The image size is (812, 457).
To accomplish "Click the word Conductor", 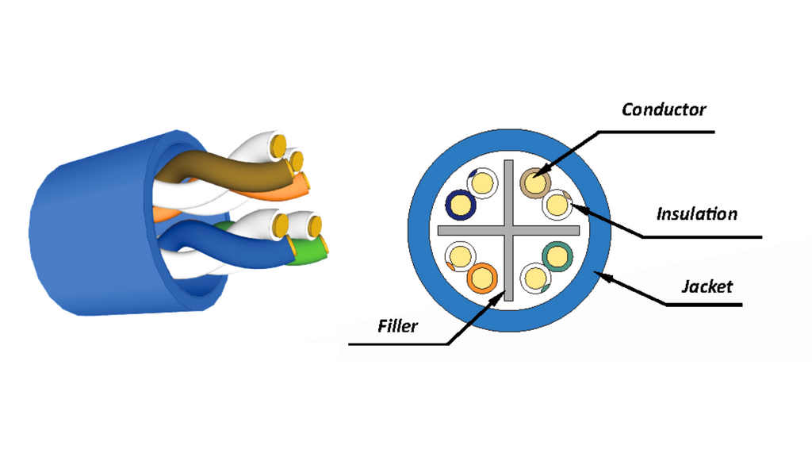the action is tap(664, 109).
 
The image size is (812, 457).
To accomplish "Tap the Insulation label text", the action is tap(696, 213).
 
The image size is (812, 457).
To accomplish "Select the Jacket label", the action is tap(707, 286).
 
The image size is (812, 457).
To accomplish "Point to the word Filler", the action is tap(397, 326).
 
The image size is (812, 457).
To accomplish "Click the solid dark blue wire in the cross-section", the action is tap(461, 204).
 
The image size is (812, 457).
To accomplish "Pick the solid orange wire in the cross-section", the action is tap(482, 278).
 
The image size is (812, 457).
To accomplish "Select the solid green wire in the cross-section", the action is tap(557, 256).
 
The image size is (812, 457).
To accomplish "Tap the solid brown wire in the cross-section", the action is tap(535, 183).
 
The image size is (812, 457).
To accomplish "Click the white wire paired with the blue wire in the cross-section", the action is tap(483, 183).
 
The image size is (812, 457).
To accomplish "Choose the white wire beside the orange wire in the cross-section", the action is tap(461, 256).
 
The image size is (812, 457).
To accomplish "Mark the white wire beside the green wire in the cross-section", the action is tap(535, 278).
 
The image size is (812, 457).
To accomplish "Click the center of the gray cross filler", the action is tap(508, 231).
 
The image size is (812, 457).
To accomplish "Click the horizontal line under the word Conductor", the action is tap(656, 132).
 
